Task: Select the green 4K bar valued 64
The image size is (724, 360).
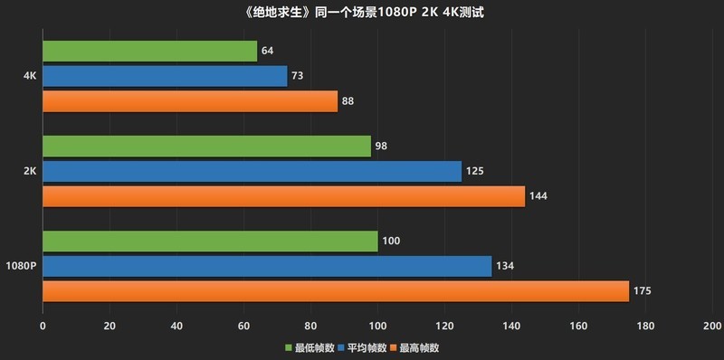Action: click(x=149, y=51)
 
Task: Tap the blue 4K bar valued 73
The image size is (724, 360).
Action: click(x=165, y=76)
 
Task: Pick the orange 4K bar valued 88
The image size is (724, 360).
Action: click(x=190, y=101)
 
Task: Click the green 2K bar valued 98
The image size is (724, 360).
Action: click(x=206, y=146)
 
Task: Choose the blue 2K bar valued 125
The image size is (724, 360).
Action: click(x=252, y=171)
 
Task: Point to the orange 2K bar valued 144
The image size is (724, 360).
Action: click(x=283, y=196)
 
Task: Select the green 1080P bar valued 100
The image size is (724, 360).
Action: click(x=210, y=241)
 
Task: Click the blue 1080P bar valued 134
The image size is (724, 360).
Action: click(x=267, y=266)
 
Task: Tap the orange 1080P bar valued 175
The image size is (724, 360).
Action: click(x=336, y=291)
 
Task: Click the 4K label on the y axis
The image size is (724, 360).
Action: click(x=29, y=76)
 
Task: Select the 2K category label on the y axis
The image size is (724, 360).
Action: click(x=29, y=171)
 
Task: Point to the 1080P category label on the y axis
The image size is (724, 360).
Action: click(x=21, y=266)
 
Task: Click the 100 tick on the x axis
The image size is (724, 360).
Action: click(x=377, y=326)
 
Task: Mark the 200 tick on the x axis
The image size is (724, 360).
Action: click(x=711, y=326)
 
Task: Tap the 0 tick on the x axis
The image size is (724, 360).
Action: click(x=43, y=326)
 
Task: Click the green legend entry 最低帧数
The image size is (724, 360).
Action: click(x=308, y=347)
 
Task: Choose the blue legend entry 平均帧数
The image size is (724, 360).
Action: click(x=362, y=347)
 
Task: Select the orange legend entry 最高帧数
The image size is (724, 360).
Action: click(x=414, y=347)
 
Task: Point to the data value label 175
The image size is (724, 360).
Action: click(x=643, y=291)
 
